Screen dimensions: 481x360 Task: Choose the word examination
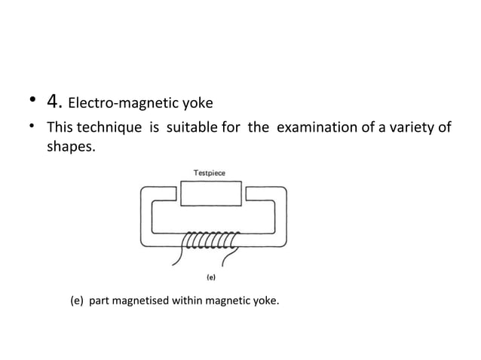pyautogui.click(x=316, y=127)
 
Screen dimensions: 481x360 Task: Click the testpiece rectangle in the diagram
pyautogui.click(x=210, y=193)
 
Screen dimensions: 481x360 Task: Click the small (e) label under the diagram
pyautogui.click(x=211, y=276)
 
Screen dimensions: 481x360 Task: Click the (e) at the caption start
pyautogui.click(x=76, y=302)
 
